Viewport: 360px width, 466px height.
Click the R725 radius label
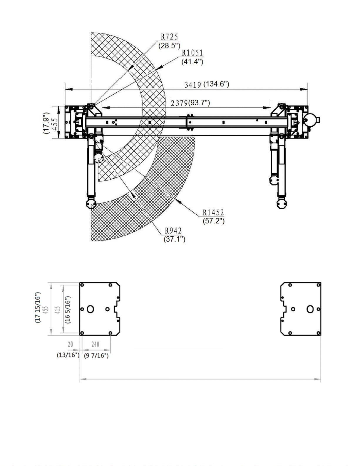[169, 37]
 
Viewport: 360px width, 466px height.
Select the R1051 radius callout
[192, 53]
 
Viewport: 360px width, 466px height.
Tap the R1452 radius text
[213, 213]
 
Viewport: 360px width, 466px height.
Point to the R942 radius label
[173, 231]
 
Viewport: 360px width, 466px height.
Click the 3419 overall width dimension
[193, 85]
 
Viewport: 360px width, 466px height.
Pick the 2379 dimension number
[179, 103]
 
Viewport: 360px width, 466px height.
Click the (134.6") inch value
[216, 84]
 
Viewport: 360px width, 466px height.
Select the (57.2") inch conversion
[214, 221]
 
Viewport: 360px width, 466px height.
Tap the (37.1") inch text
[174, 239]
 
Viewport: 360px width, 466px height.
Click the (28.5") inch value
[169, 46]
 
